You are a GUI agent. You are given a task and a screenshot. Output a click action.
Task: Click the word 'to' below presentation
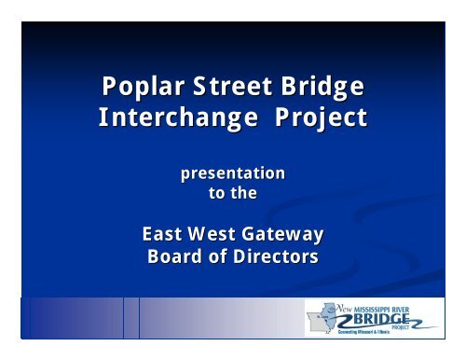coord(216,192)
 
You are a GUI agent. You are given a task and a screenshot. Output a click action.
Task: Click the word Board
coord(177,254)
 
